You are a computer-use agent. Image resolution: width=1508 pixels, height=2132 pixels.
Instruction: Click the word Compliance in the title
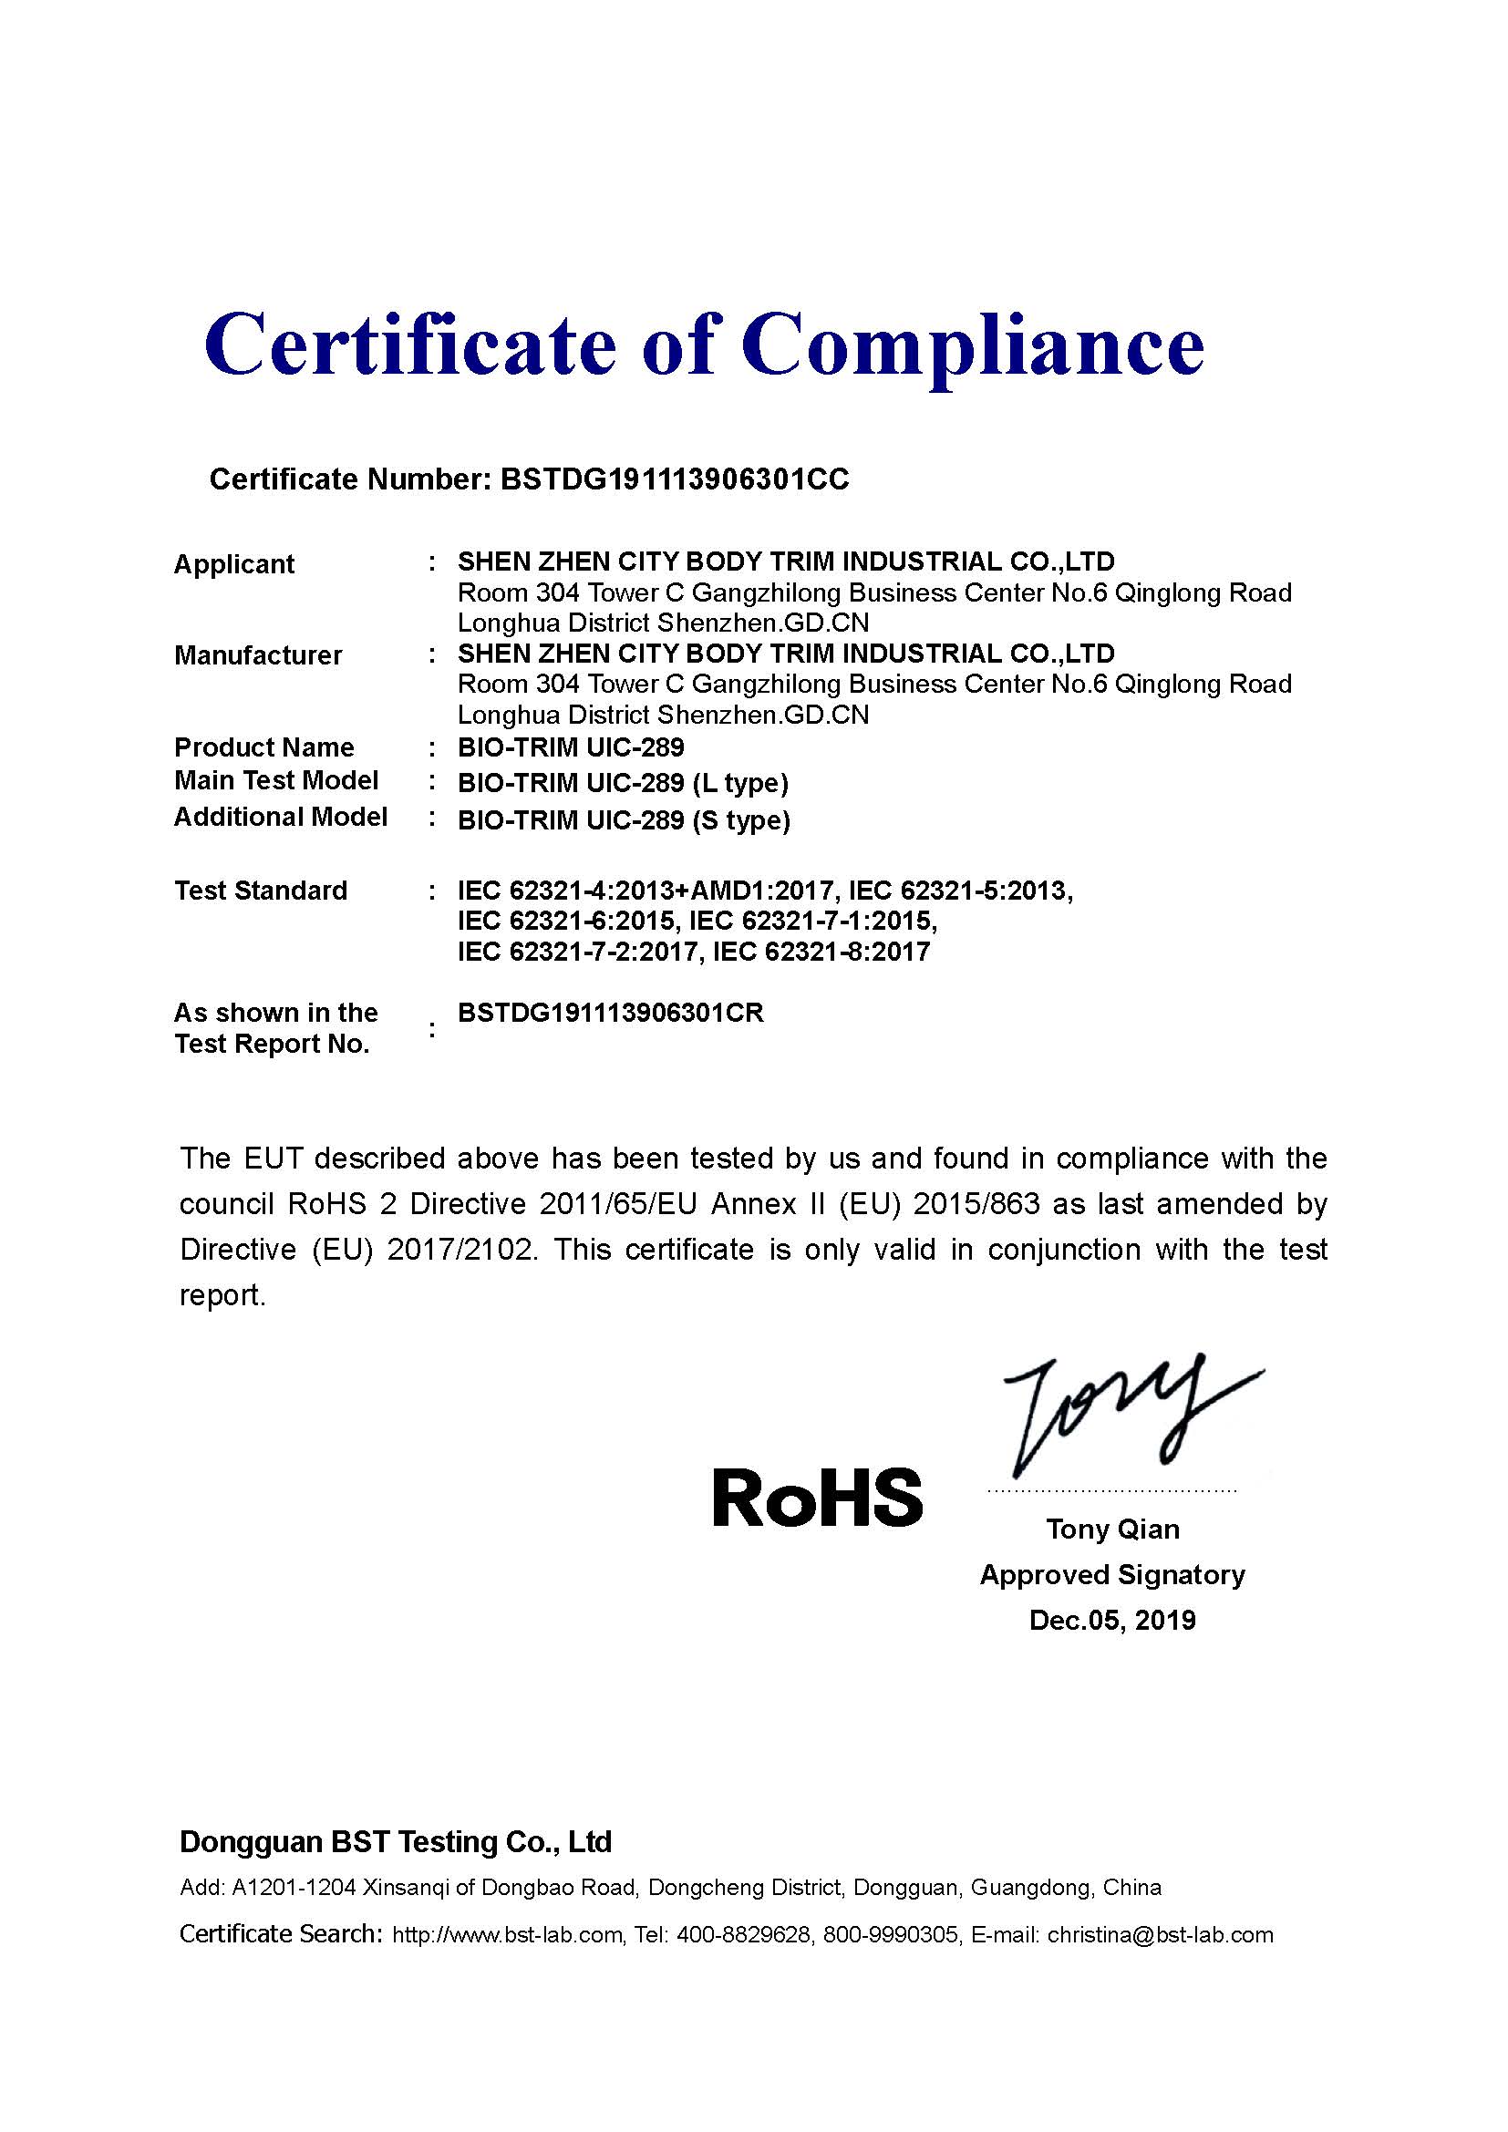click(x=972, y=345)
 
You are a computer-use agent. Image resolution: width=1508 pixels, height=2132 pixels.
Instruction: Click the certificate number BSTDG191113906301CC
click(x=674, y=479)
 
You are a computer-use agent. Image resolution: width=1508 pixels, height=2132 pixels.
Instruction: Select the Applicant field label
click(x=234, y=564)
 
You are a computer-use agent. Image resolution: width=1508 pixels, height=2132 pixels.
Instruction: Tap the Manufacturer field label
click(x=258, y=655)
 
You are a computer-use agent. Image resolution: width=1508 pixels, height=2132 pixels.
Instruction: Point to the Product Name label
click(x=263, y=747)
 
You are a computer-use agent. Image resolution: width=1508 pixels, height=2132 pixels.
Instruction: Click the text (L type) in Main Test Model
click(x=740, y=784)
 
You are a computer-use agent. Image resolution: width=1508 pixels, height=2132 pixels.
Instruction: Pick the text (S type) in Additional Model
click(x=741, y=821)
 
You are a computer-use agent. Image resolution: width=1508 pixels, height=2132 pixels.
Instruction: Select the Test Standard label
click(x=261, y=891)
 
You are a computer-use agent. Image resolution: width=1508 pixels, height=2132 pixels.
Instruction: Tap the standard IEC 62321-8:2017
click(x=821, y=952)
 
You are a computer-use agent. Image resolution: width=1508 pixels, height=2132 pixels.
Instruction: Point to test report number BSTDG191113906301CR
click(x=610, y=1013)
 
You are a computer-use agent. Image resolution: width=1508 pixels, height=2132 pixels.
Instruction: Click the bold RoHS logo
click(x=817, y=1498)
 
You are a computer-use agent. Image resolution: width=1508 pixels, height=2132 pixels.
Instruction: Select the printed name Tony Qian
click(x=1112, y=1529)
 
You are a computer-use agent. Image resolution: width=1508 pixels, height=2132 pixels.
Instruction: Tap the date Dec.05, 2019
click(x=1112, y=1621)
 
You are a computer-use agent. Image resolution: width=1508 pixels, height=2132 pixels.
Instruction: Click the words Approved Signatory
click(x=1112, y=1575)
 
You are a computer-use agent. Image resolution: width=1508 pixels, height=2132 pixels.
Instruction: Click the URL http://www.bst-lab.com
click(x=507, y=1935)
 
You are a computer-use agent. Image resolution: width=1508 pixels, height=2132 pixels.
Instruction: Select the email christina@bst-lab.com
click(x=1160, y=1935)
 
